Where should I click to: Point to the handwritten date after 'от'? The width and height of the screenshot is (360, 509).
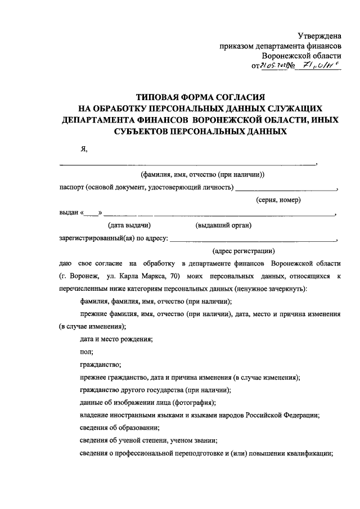pyautogui.click(x=274, y=66)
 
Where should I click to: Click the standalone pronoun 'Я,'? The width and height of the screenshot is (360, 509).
pyautogui.click(x=84, y=148)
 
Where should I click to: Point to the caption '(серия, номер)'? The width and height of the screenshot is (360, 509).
pyautogui.click(x=278, y=200)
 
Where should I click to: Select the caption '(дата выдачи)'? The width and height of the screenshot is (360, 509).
pyautogui.click(x=129, y=226)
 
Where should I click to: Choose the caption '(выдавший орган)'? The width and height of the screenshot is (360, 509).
pyautogui.click(x=223, y=226)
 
